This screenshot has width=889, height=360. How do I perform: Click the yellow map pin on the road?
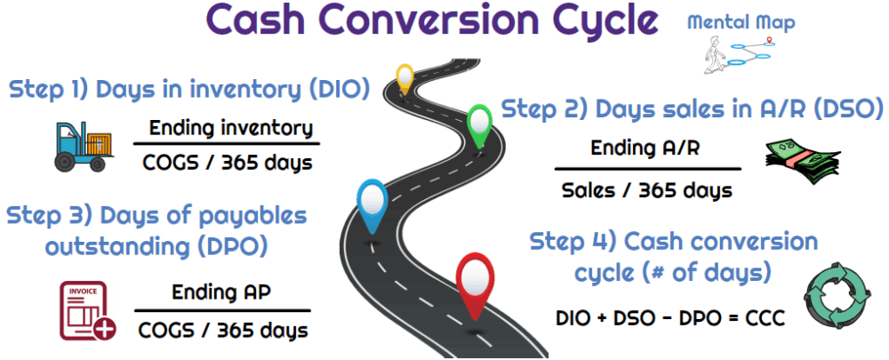(404, 77)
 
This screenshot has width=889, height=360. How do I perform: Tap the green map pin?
(479, 122)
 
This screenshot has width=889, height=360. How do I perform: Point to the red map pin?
(474, 283)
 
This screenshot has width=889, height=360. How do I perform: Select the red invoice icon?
(88, 310)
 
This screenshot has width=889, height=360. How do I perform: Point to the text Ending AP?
(220, 292)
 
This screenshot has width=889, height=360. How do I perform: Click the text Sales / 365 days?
(646, 189)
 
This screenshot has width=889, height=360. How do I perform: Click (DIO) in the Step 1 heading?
(337, 90)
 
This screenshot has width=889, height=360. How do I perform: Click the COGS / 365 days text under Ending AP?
(223, 330)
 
